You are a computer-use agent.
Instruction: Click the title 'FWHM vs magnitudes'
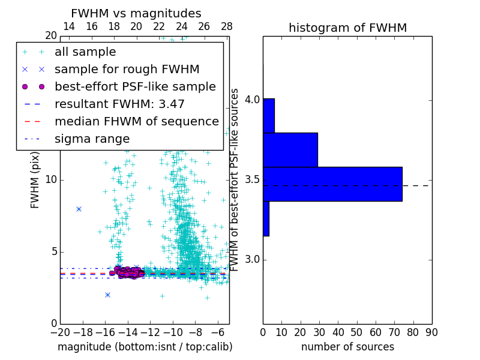click(x=136, y=13)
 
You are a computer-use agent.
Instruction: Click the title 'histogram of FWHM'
click(x=347, y=28)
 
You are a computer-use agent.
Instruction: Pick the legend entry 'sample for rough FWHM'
click(x=127, y=69)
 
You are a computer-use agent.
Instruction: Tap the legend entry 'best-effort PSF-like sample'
click(x=135, y=86)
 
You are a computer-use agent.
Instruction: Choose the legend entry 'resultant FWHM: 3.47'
click(x=119, y=104)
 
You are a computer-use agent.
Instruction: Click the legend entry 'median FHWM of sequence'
click(x=136, y=121)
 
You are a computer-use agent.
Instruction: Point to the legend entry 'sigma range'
click(x=92, y=139)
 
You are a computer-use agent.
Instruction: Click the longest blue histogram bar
click(x=332, y=184)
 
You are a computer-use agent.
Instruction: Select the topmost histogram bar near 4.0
click(x=268, y=116)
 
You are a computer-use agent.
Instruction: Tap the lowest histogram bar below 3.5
click(x=266, y=218)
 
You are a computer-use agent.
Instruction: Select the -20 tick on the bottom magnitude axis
click(x=60, y=332)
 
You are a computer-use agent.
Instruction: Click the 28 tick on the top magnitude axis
click(x=226, y=26)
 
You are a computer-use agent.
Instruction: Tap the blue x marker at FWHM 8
click(x=79, y=209)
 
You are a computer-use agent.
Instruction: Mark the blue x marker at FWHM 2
click(x=107, y=295)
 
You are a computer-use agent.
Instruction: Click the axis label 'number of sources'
click(x=347, y=347)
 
